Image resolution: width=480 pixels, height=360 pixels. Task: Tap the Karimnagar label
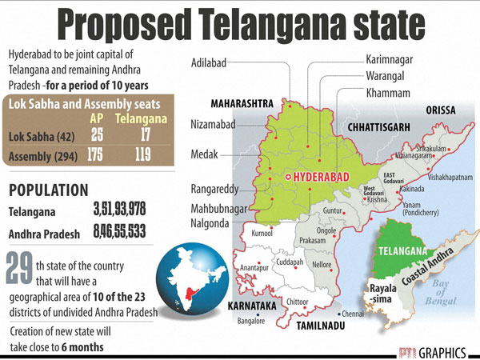pyautogui.click(x=394, y=60)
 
